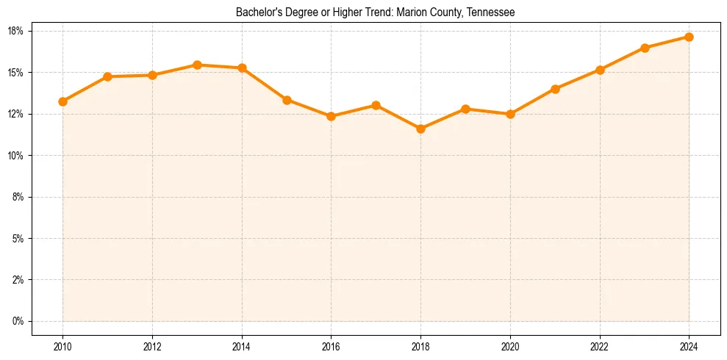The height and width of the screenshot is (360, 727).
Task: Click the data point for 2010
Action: pyautogui.click(x=63, y=101)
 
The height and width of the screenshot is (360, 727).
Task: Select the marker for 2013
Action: pyautogui.click(x=197, y=65)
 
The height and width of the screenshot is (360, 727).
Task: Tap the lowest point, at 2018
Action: pyautogui.click(x=420, y=129)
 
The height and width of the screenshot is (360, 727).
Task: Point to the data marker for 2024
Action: pyautogui.click(x=689, y=37)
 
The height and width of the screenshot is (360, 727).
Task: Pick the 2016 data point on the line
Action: pyautogui.click(x=331, y=116)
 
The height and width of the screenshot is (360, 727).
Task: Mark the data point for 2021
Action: pyautogui.click(x=555, y=89)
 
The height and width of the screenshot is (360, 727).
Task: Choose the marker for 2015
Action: pyautogui.click(x=287, y=100)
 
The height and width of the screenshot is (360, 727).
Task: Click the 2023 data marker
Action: pyautogui.click(x=645, y=48)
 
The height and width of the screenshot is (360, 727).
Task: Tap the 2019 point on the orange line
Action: pyautogui.click(x=465, y=109)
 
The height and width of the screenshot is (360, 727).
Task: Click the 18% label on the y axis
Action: pyautogui.click(x=16, y=31)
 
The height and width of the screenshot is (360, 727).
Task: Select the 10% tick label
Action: pyautogui.click(x=16, y=156)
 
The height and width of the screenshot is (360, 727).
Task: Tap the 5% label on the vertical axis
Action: pyautogui.click(x=18, y=239)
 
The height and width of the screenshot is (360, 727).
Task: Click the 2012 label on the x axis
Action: pyautogui.click(x=152, y=346)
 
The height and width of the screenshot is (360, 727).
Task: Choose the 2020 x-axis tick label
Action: pyautogui.click(x=510, y=346)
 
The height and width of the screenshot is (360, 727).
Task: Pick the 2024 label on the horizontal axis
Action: pyautogui.click(x=689, y=346)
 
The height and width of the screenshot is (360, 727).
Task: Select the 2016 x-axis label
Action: pyautogui.click(x=331, y=346)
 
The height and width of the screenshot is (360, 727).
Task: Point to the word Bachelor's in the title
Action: pyautogui.click(x=257, y=12)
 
